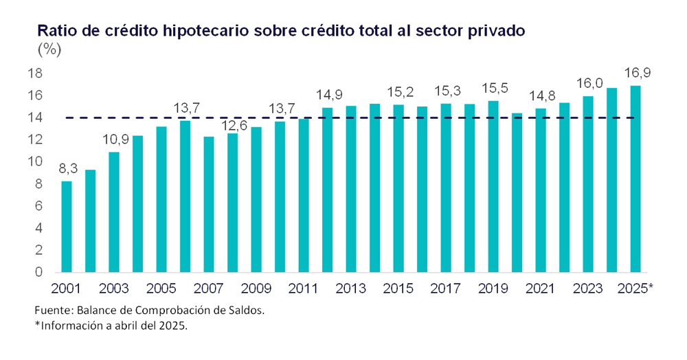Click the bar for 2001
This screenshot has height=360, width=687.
point(67,226)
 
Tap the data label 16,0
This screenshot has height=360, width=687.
point(589,84)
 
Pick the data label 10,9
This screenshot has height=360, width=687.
point(114,140)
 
